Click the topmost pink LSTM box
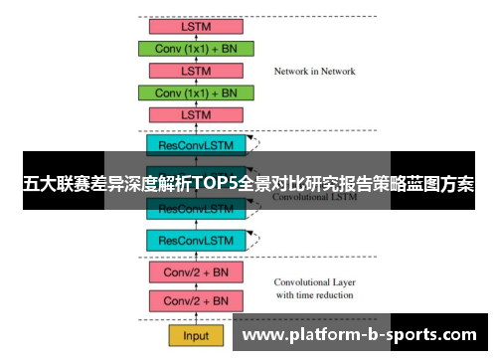click(x=196, y=26)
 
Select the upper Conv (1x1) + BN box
click(x=196, y=48)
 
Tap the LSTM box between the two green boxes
click(x=196, y=71)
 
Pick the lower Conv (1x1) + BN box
click(x=196, y=92)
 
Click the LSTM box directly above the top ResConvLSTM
click(x=196, y=114)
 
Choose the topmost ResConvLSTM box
click(x=196, y=144)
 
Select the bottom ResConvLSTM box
click(x=196, y=240)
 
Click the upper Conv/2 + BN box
click(x=196, y=271)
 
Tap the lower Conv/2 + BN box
click(x=196, y=300)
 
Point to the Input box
click(x=196, y=335)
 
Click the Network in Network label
click(x=314, y=72)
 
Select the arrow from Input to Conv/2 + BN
click(x=196, y=318)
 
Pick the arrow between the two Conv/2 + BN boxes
click(x=196, y=286)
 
